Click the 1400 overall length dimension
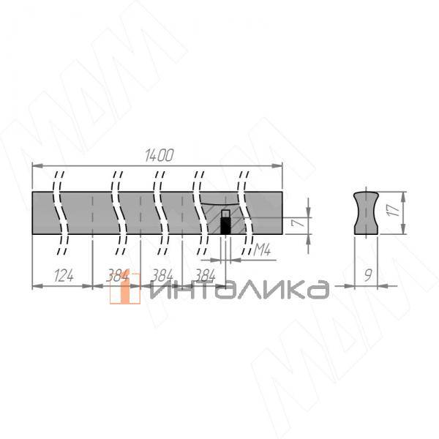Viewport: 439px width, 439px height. pos(159,155)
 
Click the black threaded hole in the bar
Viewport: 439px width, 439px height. pos(225,225)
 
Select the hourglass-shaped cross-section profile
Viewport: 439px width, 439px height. pos(366,212)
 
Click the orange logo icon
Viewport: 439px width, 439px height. pos(124,290)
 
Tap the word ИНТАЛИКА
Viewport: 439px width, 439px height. pos(239,290)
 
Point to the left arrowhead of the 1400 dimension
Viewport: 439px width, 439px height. pos(36,166)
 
